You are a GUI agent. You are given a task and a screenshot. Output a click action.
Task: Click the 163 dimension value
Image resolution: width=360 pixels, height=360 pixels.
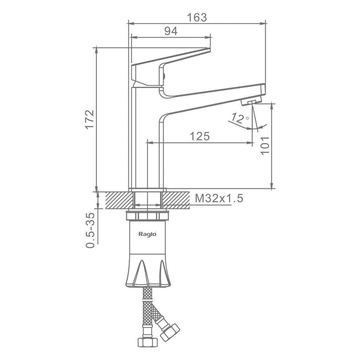197,17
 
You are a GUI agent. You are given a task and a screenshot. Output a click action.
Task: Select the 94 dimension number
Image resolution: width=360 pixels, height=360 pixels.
171,31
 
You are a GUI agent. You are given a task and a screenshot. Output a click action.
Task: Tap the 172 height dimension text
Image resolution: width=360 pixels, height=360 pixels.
89,119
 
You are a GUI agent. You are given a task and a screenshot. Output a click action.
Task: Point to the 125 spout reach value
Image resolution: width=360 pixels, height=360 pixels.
199,136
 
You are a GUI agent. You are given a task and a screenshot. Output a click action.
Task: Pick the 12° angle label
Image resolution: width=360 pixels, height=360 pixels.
240,119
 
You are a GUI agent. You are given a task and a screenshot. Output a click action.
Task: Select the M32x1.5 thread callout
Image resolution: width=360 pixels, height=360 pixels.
219,198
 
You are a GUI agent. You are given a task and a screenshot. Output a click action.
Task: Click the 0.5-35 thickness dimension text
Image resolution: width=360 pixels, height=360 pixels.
89,230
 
